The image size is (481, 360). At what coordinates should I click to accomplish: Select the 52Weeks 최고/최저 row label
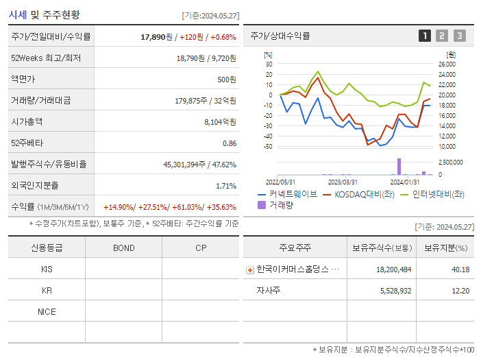point(46,58)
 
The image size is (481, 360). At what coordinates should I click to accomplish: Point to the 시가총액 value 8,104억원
point(220,122)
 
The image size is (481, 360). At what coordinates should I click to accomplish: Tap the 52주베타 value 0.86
point(230,143)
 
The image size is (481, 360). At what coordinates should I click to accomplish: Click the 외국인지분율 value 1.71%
point(225,186)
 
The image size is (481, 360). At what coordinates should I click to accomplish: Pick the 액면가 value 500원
point(226,80)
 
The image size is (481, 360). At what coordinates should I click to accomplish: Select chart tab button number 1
point(425,36)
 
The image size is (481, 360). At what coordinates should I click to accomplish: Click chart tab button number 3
point(459,36)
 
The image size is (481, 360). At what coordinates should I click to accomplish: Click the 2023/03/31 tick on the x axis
point(343,182)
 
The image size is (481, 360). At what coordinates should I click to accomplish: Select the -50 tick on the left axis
point(269,147)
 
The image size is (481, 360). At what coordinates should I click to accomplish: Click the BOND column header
point(123,248)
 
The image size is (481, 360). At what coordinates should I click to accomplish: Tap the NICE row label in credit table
point(47,312)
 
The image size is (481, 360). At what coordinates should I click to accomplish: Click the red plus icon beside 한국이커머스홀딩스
point(250,269)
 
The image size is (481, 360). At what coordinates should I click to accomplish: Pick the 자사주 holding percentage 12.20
point(460,291)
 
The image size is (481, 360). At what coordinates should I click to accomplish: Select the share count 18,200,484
point(394,269)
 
